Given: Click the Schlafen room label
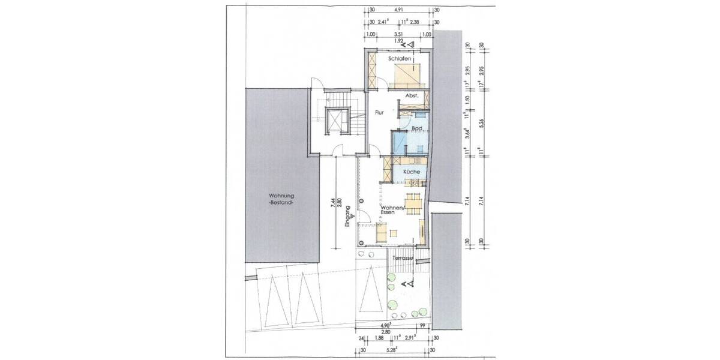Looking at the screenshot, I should coord(399,59).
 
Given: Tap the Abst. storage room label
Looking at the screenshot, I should coord(411,96).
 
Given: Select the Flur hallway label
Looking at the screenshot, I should coord(379,112).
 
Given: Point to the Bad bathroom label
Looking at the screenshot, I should coord(418,128).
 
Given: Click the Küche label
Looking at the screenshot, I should coord(411,172).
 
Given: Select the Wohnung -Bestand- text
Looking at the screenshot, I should coord(282,199).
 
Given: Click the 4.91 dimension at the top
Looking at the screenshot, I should coord(398,10).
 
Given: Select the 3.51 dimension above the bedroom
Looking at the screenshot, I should coord(398,35).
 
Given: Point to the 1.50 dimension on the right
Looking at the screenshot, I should coord(468,98).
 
